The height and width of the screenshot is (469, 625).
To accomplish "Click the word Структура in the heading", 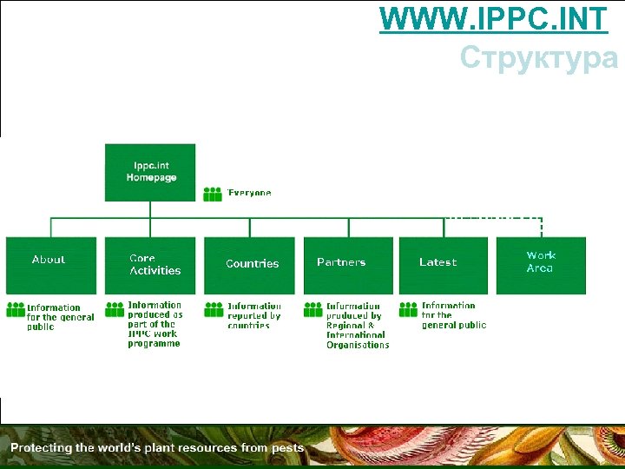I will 538,57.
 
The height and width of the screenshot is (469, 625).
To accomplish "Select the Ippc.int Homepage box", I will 150,172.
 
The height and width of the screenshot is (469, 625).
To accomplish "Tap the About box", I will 51,264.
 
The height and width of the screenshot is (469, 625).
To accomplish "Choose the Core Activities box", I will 150,264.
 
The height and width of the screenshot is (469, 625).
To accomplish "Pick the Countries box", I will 249,264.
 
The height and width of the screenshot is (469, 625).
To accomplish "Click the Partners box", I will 347,264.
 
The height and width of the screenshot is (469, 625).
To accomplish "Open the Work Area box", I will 541,264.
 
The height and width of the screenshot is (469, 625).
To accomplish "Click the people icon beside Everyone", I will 213,194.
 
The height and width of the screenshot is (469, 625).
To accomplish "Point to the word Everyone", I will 250,193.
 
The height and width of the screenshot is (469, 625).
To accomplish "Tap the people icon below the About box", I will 16,309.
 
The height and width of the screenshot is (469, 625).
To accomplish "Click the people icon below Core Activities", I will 115,309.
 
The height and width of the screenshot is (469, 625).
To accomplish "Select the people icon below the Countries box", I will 214,309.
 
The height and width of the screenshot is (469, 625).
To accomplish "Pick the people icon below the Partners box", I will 313,309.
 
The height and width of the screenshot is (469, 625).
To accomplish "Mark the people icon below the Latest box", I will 409,309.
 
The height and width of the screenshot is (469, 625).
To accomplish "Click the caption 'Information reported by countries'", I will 254,316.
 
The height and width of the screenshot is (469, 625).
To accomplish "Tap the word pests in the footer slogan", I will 287,448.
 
